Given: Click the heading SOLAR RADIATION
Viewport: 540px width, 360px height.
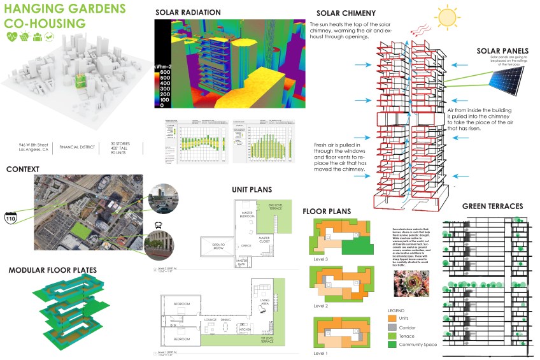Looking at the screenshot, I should pyautogui.click(x=188, y=13).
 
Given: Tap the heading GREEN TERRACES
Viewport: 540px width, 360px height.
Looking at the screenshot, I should pyautogui.click(x=492, y=206).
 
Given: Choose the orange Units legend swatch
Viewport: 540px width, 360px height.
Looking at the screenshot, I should pyautogui.click(x=391, y=318).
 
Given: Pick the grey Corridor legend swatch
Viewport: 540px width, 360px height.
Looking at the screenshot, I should pyautogui.click(x=391, y=327).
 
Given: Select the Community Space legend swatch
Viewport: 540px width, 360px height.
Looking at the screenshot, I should pyautogui.click(x=391, y=345).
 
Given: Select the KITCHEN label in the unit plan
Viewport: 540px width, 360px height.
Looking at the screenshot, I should pyautogui.click(x=244, y=329).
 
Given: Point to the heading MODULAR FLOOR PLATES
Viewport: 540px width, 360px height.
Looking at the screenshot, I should pyautogui.click(x=52, y=270).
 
